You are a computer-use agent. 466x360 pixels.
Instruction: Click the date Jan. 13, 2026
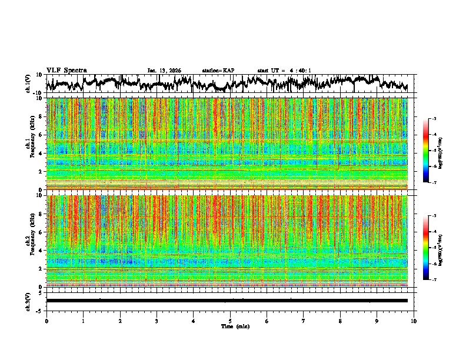point(164,71)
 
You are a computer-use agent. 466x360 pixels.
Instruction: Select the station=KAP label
point(218,71)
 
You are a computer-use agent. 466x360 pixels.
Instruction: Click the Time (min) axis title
point(235,326)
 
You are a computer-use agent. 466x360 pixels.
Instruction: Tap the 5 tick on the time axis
point(230,321)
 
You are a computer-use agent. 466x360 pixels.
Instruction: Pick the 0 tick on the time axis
point(46,321)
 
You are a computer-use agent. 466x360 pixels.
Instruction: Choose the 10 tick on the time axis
point(414,321)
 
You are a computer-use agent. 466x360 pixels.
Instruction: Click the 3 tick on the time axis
point(157,321)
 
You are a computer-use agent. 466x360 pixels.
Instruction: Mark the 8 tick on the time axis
point(340,321)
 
